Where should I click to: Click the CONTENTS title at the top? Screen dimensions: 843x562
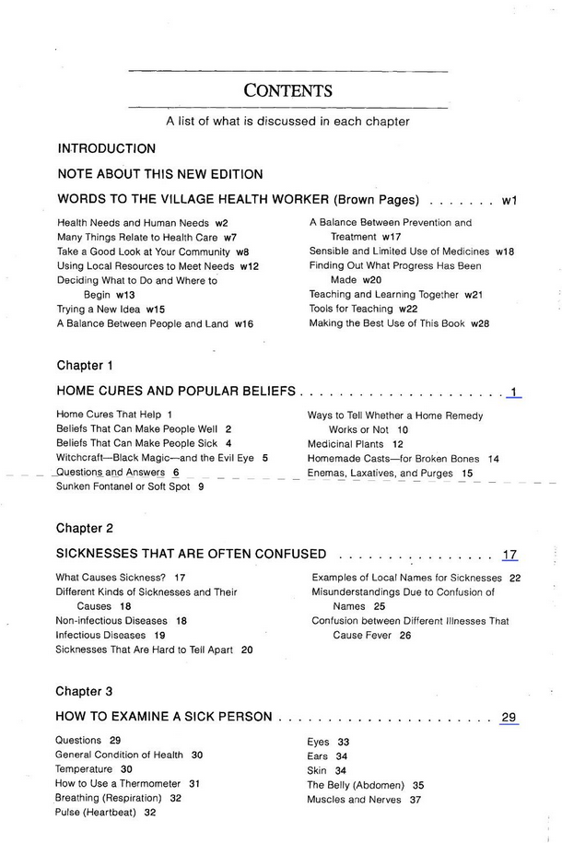coord(287,90)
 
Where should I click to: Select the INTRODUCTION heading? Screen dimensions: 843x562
coord(106,148)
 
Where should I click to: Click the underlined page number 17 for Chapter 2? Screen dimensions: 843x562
coord(509,555)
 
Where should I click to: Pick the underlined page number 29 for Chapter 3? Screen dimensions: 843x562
coord(509,717)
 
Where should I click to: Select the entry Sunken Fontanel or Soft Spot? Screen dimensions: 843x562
coord(130,486)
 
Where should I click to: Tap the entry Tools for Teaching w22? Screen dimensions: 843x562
coord(363,309)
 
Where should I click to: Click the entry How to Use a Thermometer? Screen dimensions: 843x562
coord(127,783)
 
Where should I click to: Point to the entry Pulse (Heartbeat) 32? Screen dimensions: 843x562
coord(105,813)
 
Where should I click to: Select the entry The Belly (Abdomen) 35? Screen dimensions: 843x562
coord(365,785)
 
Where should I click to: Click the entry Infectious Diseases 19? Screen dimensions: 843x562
coord(110,635)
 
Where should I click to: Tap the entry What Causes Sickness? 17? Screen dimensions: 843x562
coord(120,578)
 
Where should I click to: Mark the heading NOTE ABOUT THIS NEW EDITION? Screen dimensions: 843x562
coord(160,174)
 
